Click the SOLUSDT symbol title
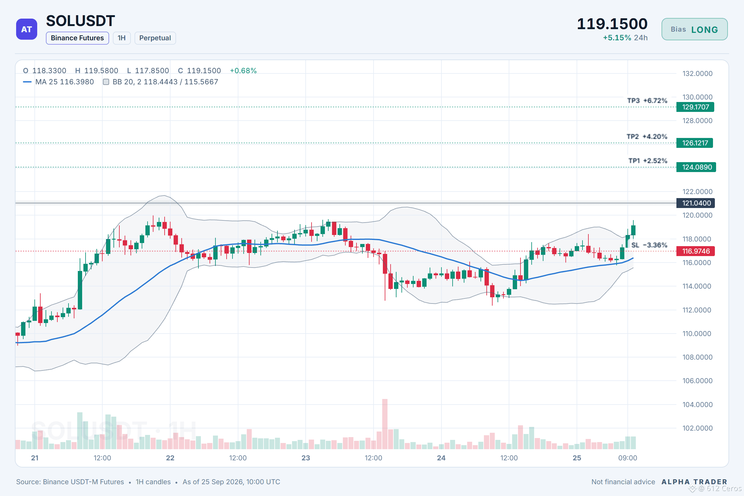[80, 21]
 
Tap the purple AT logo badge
[27, 29]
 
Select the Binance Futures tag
[77, 38]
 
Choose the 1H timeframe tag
[122, 38]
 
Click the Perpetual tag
[155, 38]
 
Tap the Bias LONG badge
[694, 29]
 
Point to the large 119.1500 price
[612, 24]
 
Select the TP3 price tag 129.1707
[695, 107]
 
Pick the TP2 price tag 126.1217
[695, 143]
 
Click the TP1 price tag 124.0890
[696, 167]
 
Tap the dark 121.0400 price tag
[695, 203]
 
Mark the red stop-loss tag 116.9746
[695, 251]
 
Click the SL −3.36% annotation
[649, 245]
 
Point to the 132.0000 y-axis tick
[697, 73]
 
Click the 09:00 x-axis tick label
[627, 458]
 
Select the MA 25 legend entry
[59, 82]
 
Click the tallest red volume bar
[385, 424]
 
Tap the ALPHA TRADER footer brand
[694, 482]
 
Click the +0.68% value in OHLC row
[243, 71]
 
